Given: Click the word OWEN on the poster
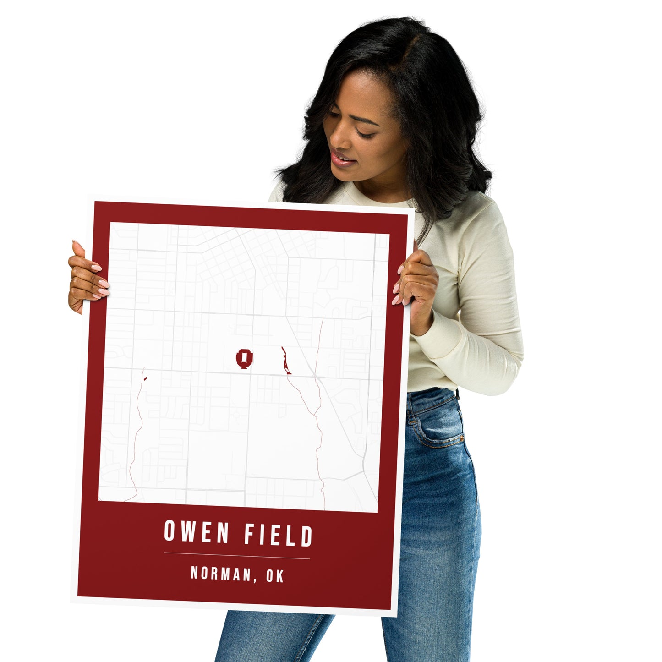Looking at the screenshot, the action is click(197, 532).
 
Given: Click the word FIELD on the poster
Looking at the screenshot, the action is click(278, 535).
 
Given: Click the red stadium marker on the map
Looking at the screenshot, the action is click(244, 358).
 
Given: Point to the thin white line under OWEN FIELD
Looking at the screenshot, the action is click(237, 556).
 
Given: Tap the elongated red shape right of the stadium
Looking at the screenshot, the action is click(286, 361).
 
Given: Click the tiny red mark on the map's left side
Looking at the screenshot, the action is click(145, 378).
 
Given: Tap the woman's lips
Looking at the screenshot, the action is click(341, 159).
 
